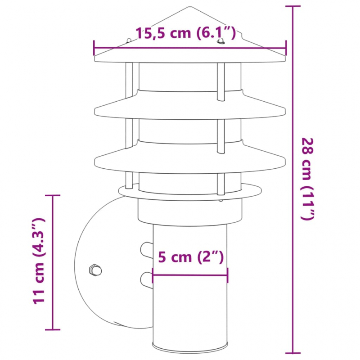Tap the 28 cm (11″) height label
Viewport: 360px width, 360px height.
(307, 178)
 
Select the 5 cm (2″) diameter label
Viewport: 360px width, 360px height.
(191, 257)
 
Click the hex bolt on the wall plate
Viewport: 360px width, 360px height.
(95, 270)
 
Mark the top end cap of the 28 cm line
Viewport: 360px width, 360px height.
(293, 7)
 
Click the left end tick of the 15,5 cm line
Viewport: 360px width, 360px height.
(94, 47)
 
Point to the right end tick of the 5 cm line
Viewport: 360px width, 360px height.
(227, 274)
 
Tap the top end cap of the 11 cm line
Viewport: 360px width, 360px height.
(53, 196)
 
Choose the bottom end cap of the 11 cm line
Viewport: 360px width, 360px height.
(53, 329)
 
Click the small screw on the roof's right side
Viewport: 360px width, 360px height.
(220, 42)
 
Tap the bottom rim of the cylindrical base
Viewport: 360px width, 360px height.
(191, 346)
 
